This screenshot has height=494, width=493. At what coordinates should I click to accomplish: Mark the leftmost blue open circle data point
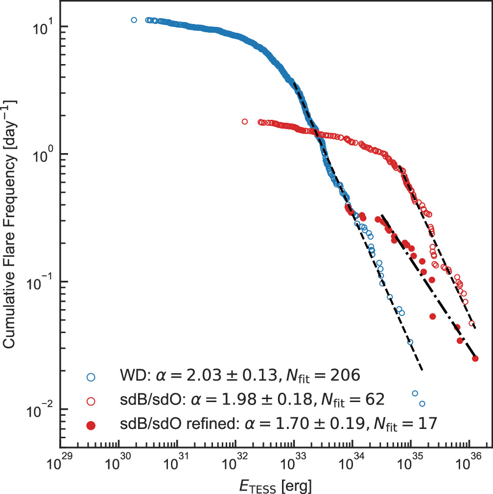click(134, 20)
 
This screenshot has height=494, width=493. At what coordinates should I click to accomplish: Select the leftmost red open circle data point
click(245, 121)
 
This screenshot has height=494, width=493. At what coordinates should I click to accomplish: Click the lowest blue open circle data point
click(422, 404)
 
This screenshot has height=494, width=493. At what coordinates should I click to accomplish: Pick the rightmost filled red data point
click(475, 359)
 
